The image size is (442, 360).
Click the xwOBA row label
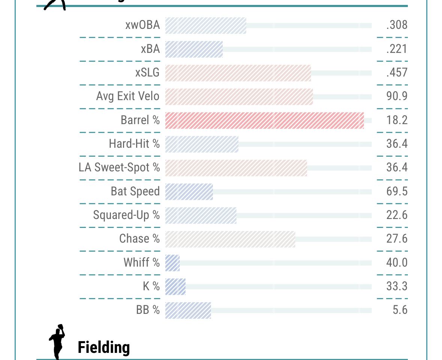[x=142, y=25]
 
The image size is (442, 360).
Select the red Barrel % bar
[x=264, y=120]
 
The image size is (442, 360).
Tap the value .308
[x=397, y=25]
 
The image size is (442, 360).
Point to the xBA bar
[x=194, y=49]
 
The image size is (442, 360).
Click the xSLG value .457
[x=397, y=72]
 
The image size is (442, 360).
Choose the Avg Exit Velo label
[x=128, y=96]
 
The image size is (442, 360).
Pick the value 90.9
[x=397, y=96]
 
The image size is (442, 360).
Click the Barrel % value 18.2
[x=397, y=120]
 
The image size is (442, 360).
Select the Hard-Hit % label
[x=134, y=144]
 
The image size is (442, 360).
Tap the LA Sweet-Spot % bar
[x=236, y=168]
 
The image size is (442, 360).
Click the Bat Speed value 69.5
[x=397, y=191]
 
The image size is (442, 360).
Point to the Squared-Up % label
[x=126, y=215]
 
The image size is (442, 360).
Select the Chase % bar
[x=230, y=239]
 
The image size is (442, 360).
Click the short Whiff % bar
[x=172, y=262]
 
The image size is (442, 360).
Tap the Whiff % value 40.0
[x=397, y=262]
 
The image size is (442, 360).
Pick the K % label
[x=151, y=286]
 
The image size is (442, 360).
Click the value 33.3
[x=397, y=286]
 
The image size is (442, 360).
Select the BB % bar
[x=188, y=310]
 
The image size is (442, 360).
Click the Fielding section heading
[x=103, y=347]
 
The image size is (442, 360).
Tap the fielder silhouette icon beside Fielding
[x=57, y=341]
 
